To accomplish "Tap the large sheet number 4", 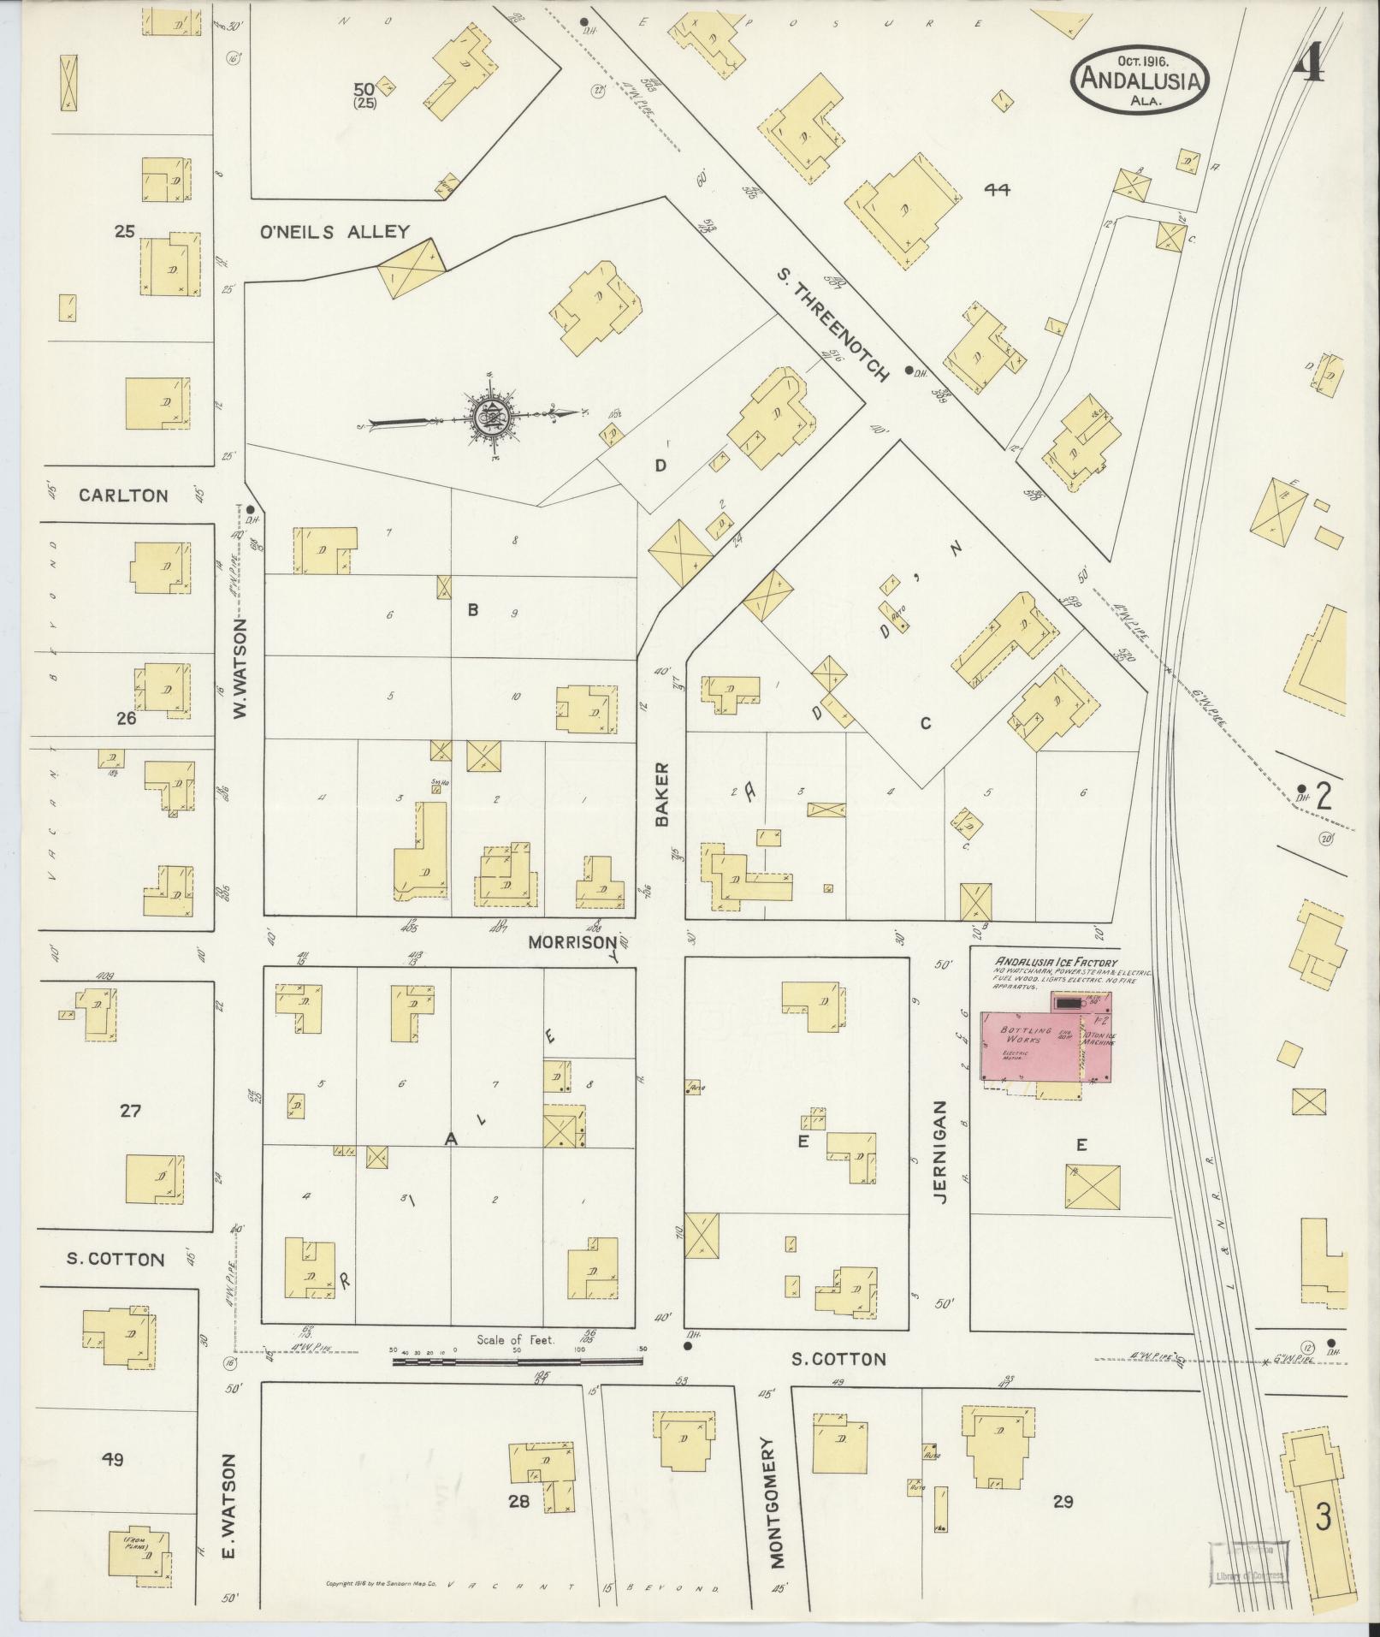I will pos(1308,62).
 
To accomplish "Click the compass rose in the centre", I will pos(493,416).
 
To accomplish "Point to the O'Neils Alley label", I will pos(335,231).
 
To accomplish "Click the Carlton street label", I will pos(123,495).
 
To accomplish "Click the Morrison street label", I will pos(572,942).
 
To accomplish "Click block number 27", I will pos(130,1112).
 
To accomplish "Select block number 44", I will pos(997,190).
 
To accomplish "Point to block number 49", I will pos(112,1460).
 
